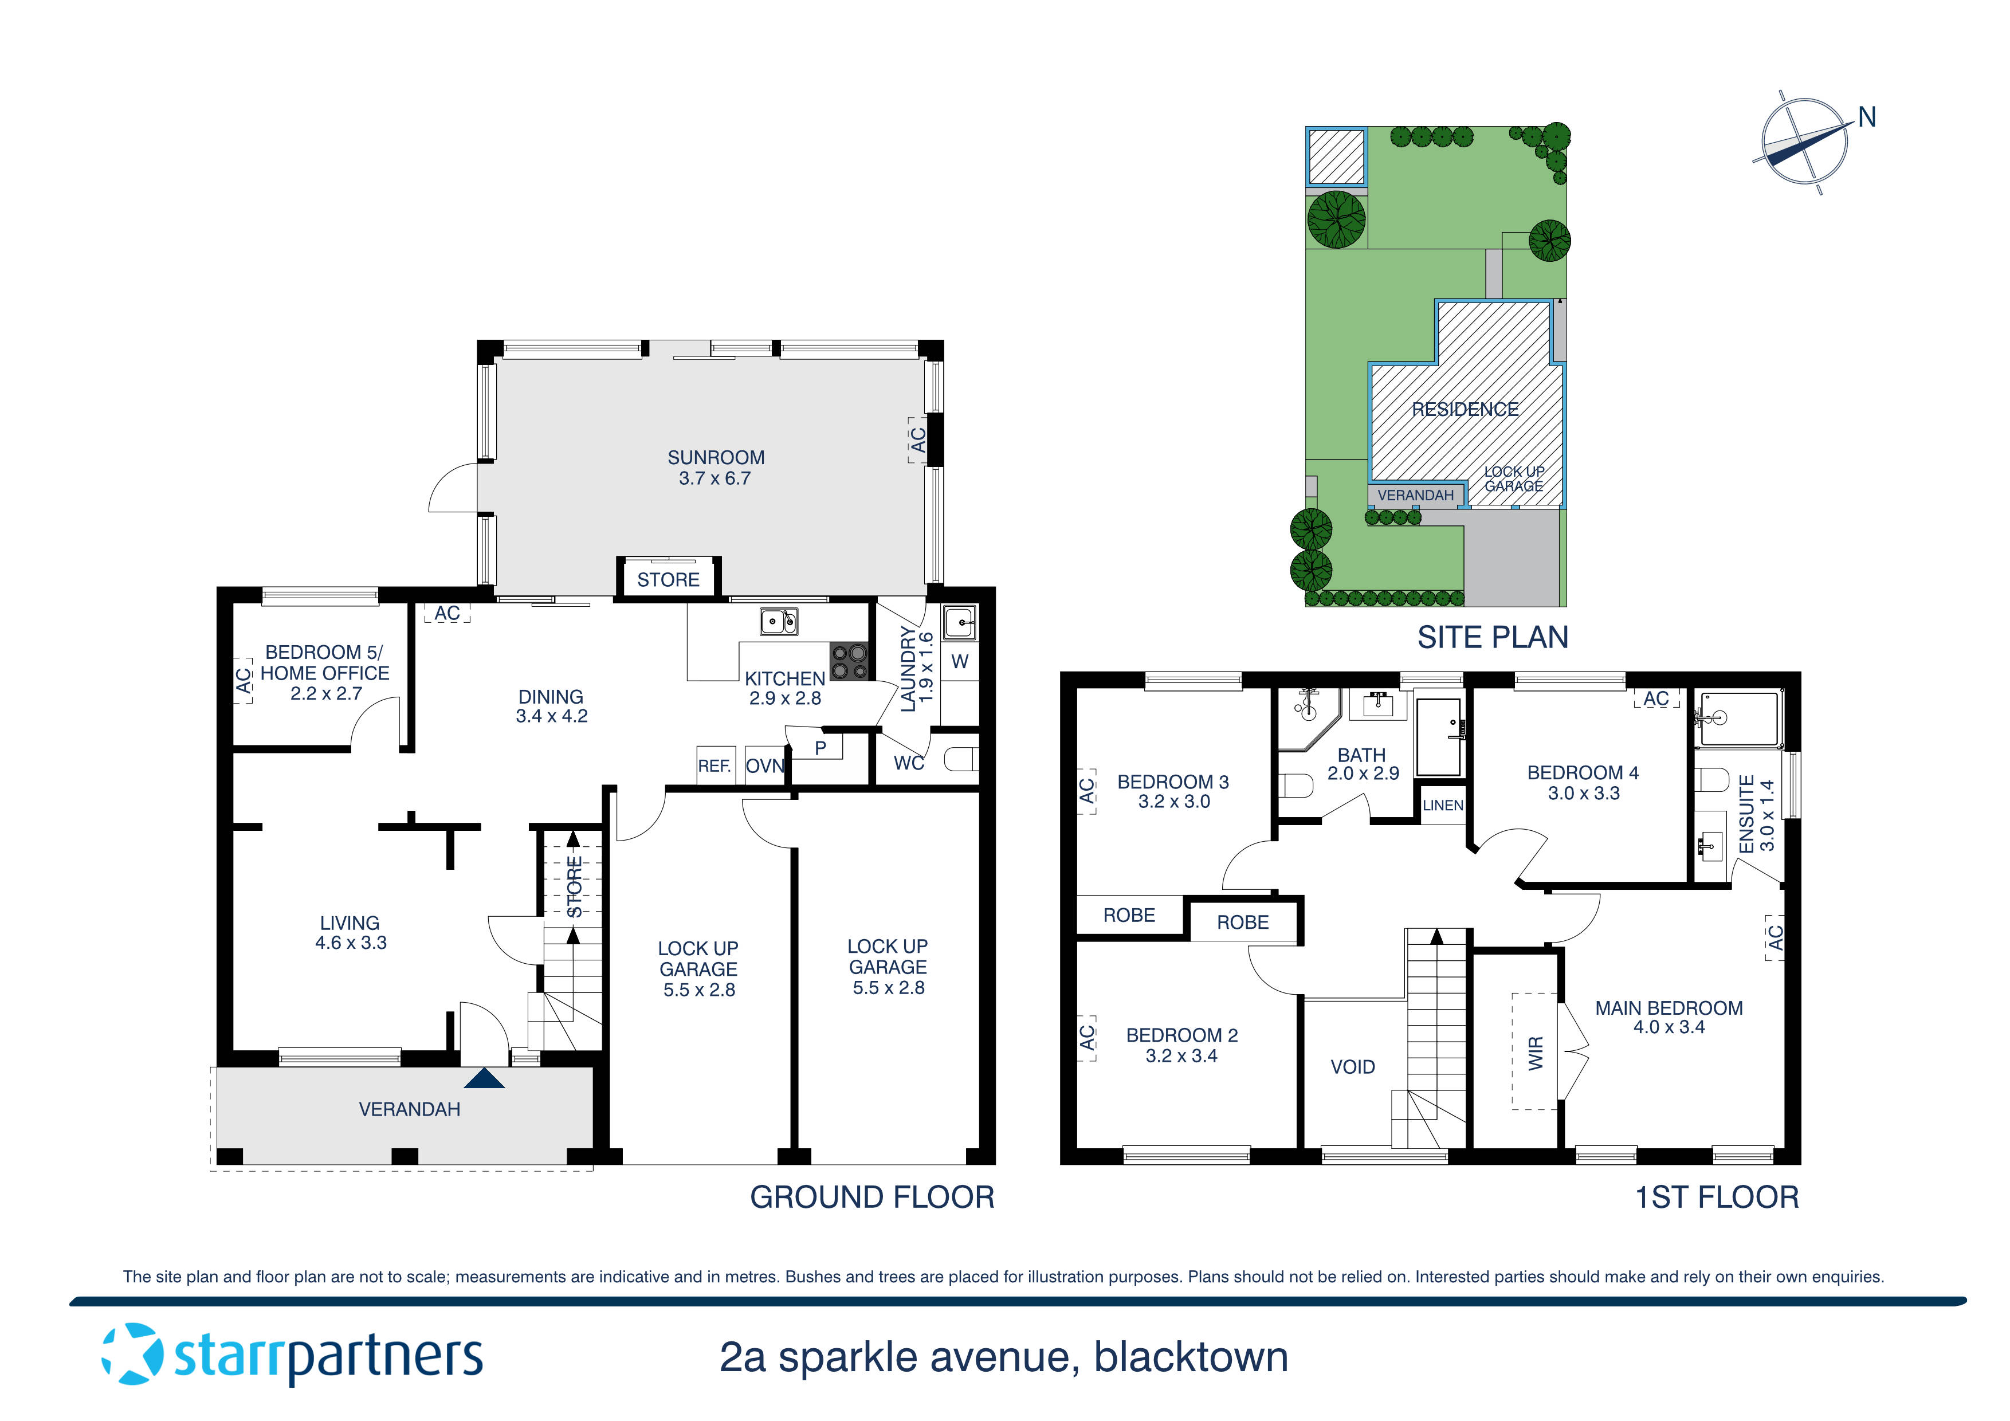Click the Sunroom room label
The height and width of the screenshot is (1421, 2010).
pos(715,458)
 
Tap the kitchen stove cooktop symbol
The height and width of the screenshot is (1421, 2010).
pos(849,662)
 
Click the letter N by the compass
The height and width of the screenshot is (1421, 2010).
pos(1866,117)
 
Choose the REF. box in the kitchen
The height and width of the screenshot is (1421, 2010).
pos(715,766)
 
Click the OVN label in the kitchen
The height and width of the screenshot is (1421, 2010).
pos(764,766)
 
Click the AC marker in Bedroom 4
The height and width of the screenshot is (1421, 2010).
pos(1655,698)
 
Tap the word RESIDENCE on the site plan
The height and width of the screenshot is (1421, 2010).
pos(1465,409)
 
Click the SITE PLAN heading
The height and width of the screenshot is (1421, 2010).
pos(1493,637)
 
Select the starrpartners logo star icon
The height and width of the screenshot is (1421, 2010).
pos(132,1355)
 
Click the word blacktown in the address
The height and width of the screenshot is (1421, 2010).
pos(1191,1357)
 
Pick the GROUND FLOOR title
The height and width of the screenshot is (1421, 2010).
pos(872,1197)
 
